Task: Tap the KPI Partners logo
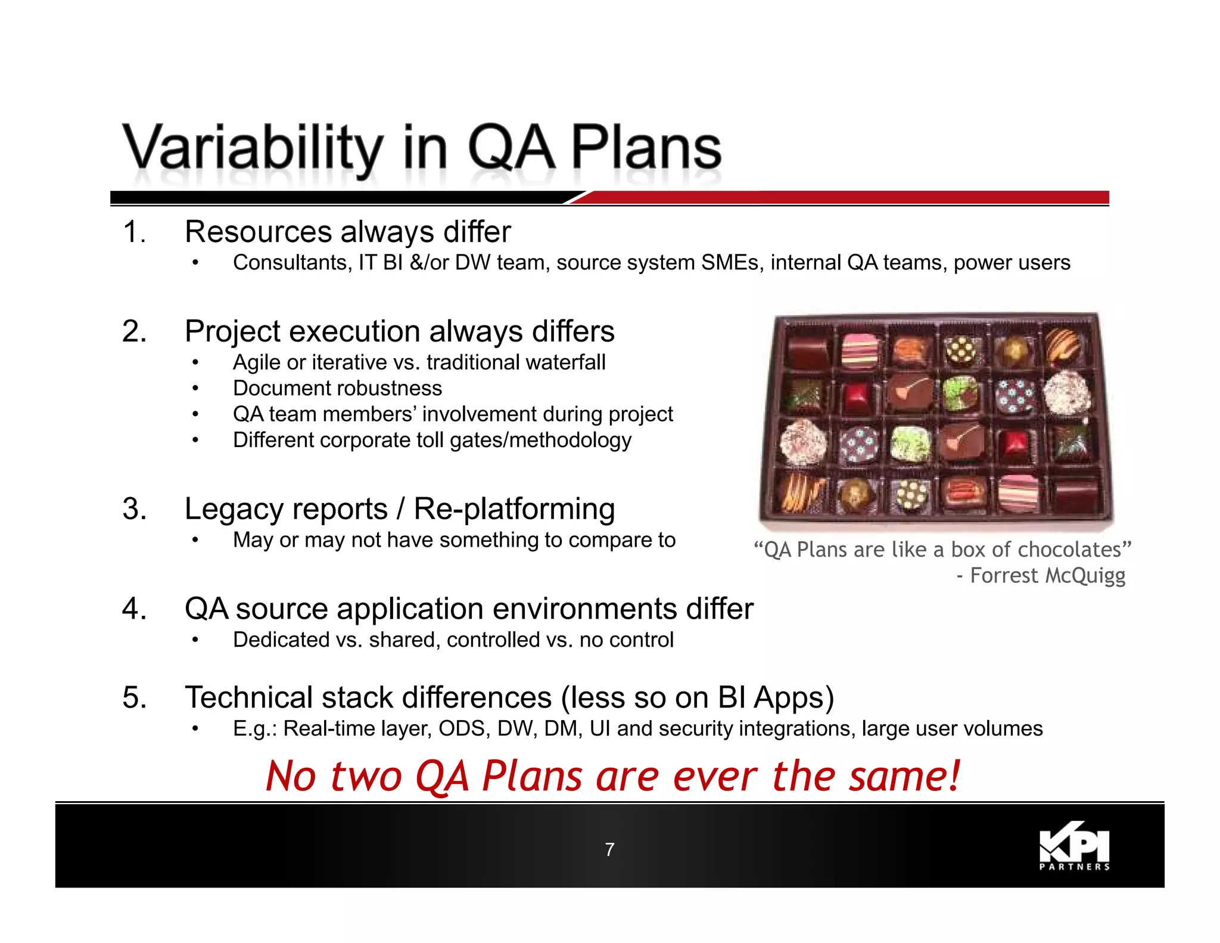coord(1074,846)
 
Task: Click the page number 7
coord(609,849)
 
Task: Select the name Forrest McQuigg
coord(1047,576)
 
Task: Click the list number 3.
coord(134,509)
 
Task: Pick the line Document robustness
coord(337,389)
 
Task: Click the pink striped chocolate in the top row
coord(860,350)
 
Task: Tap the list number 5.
coord(134,697)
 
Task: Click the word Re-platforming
coord(514,509)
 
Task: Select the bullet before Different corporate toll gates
coord(195,441)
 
